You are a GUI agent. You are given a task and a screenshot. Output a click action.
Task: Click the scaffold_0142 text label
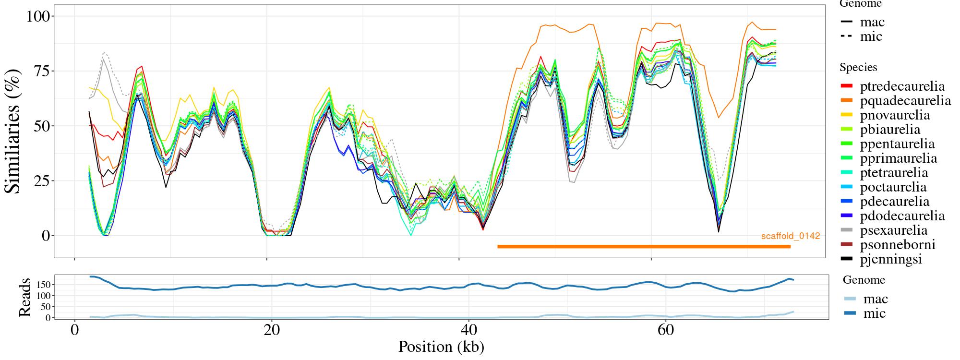(x=790, y=236)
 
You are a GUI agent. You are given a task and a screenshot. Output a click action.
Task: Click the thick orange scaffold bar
(x=643, y=247)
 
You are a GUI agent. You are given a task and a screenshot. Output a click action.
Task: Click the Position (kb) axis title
(x=441, y=347)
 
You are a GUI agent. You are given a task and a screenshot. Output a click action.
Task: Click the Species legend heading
(x=858, y=68)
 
